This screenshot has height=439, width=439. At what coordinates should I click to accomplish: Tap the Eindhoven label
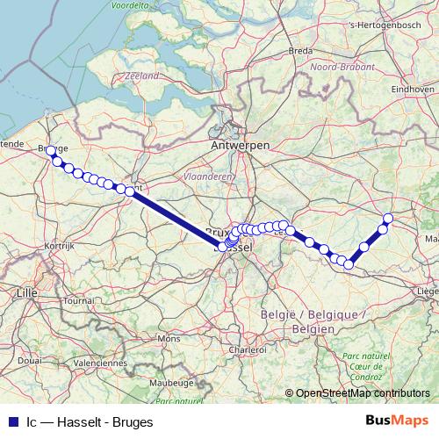coord(414,89)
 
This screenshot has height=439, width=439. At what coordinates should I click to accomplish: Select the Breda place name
coord(301,51)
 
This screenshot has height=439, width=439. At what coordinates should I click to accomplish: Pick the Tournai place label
coord(78,300)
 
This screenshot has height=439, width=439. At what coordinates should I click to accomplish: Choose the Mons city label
coord(168,338)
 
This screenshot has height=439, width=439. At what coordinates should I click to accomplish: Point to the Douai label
coord(29,360)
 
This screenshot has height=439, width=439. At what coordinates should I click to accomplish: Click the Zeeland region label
coord(142,76)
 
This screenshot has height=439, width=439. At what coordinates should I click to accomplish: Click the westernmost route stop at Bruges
coord(50,150)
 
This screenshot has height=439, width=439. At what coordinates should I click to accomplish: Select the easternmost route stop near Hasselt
coord(388,218)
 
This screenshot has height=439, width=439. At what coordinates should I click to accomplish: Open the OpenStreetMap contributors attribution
coord(363,392)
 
